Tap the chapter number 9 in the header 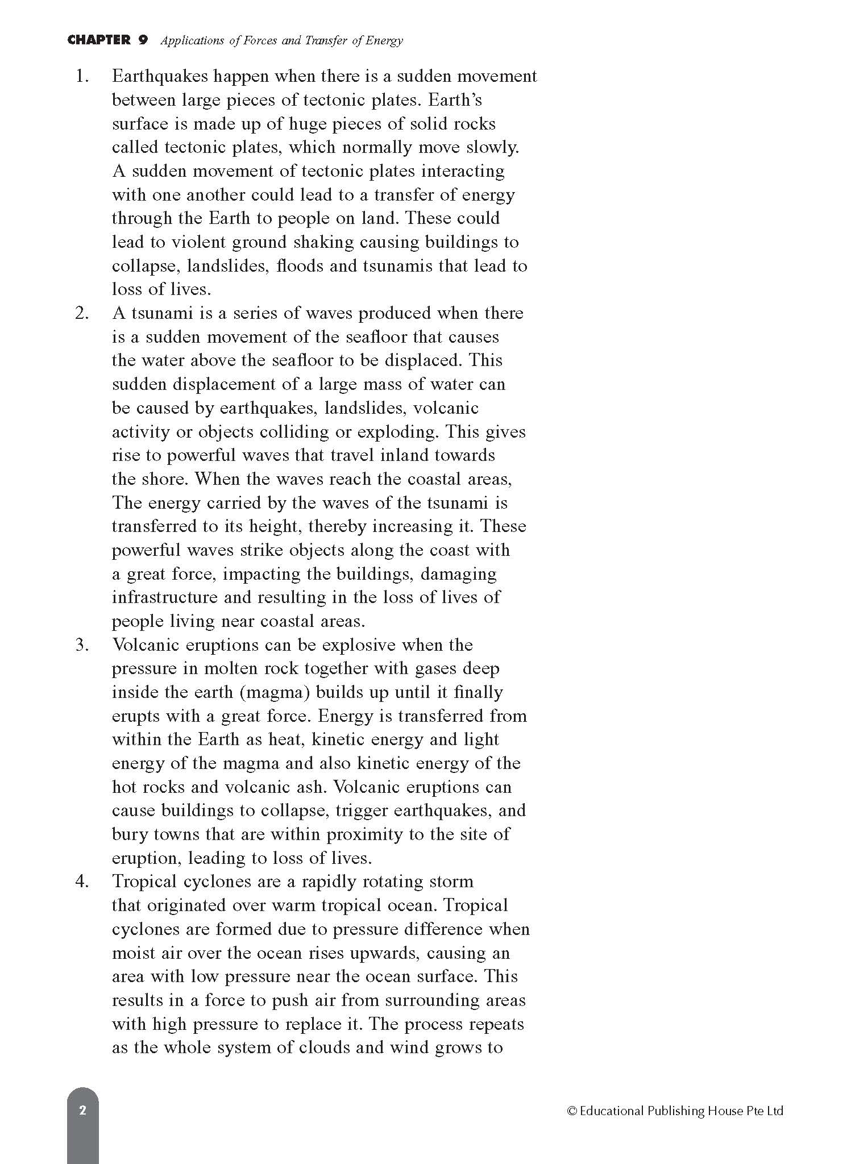[x=143, y=40]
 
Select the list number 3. [x=82, y=645]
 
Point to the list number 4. [x=82, y=882]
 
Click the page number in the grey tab [x=83, y=1110]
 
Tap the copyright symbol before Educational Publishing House [x=572, y=1111]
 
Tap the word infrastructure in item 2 [x=156, y=597]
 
